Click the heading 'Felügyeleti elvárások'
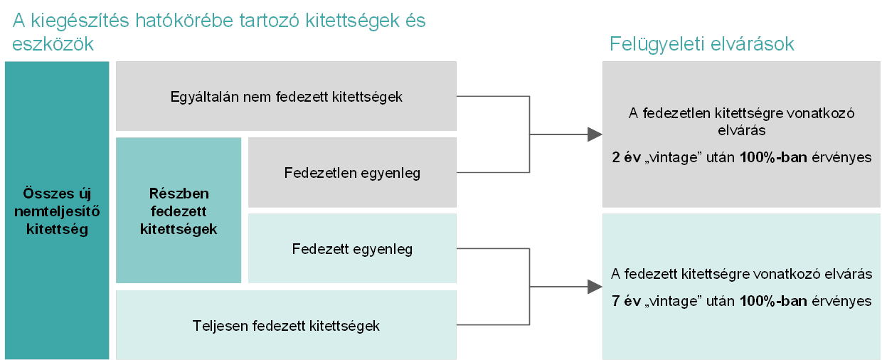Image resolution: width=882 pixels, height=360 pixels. pos(701,44)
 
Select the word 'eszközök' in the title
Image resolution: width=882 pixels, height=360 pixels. pos(53,43)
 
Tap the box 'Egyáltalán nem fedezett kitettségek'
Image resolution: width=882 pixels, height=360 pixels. pos(286,96)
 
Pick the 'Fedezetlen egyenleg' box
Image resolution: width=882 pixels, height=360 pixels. pos(352,172)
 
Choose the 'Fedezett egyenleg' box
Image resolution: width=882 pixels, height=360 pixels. pos(352,248)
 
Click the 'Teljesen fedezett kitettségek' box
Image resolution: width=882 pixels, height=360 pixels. pos(286,325)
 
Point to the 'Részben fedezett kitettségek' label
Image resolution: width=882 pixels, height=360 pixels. pos(179,211)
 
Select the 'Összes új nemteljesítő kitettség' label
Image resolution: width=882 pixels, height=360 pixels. pos(57,211)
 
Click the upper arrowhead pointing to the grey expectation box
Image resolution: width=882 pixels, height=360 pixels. pos(595,134)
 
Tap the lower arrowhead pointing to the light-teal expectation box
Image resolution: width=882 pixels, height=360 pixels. pos(595,287)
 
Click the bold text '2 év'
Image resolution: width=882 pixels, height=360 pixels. pos(626,157)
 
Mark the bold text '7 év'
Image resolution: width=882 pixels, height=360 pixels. pos(626,301)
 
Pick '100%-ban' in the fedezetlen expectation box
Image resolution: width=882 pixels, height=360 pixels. pos(773,157)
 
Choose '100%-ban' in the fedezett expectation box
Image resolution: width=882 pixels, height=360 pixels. pos(773,301)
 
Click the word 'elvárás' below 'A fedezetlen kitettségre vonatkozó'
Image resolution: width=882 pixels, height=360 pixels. pos(741,130)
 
